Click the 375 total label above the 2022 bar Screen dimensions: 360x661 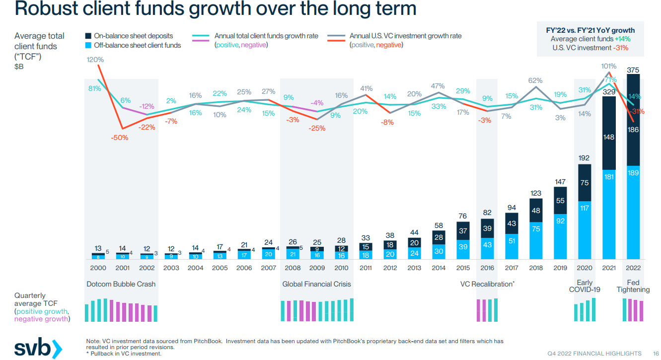click(x=633, y=71)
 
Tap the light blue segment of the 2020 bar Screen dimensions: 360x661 click(x=585, y=230)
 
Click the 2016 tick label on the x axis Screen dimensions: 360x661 click(x=487, y=268)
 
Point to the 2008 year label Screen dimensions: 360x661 click(x=293, y=268)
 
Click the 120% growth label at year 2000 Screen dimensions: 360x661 click(x=95, y=60)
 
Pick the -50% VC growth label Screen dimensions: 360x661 click(x=120, y=138)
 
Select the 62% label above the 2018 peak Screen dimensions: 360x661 click(x=535, y=80)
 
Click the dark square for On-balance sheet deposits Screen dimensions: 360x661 click(x=88, y=36)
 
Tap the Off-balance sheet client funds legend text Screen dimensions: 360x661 click(x=137, y=45)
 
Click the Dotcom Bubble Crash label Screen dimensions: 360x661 click(x=121, y=285)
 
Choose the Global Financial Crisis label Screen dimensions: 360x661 click(x=316, y=285)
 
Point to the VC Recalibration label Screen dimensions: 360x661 click(x=487, y=285)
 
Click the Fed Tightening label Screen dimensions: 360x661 click(x=633, y=286)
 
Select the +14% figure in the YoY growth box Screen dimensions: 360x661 click(x=623, y=39)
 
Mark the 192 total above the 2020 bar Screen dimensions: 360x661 click(x=585, y=158)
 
